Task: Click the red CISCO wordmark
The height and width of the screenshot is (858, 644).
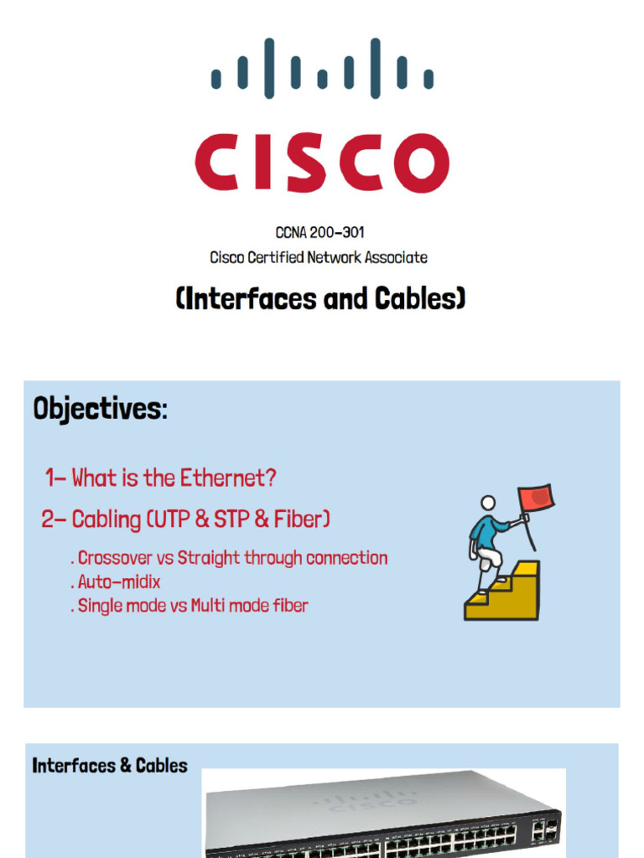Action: [322, 162]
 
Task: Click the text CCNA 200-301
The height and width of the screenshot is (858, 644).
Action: [319, 233]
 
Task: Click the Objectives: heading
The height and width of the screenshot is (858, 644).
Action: [100, 410]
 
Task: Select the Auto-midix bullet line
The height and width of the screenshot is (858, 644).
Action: [118, 581]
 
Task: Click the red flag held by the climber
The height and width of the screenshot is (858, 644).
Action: [536, 499]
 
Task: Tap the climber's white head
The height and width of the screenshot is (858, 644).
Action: [487, 503]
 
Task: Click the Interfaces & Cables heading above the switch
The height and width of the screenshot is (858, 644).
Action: [110, 765]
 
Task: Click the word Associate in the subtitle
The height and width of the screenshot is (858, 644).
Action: [397, 258]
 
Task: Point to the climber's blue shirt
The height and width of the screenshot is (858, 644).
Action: [485, 529]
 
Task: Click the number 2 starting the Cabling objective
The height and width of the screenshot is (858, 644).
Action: [47, 519]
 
